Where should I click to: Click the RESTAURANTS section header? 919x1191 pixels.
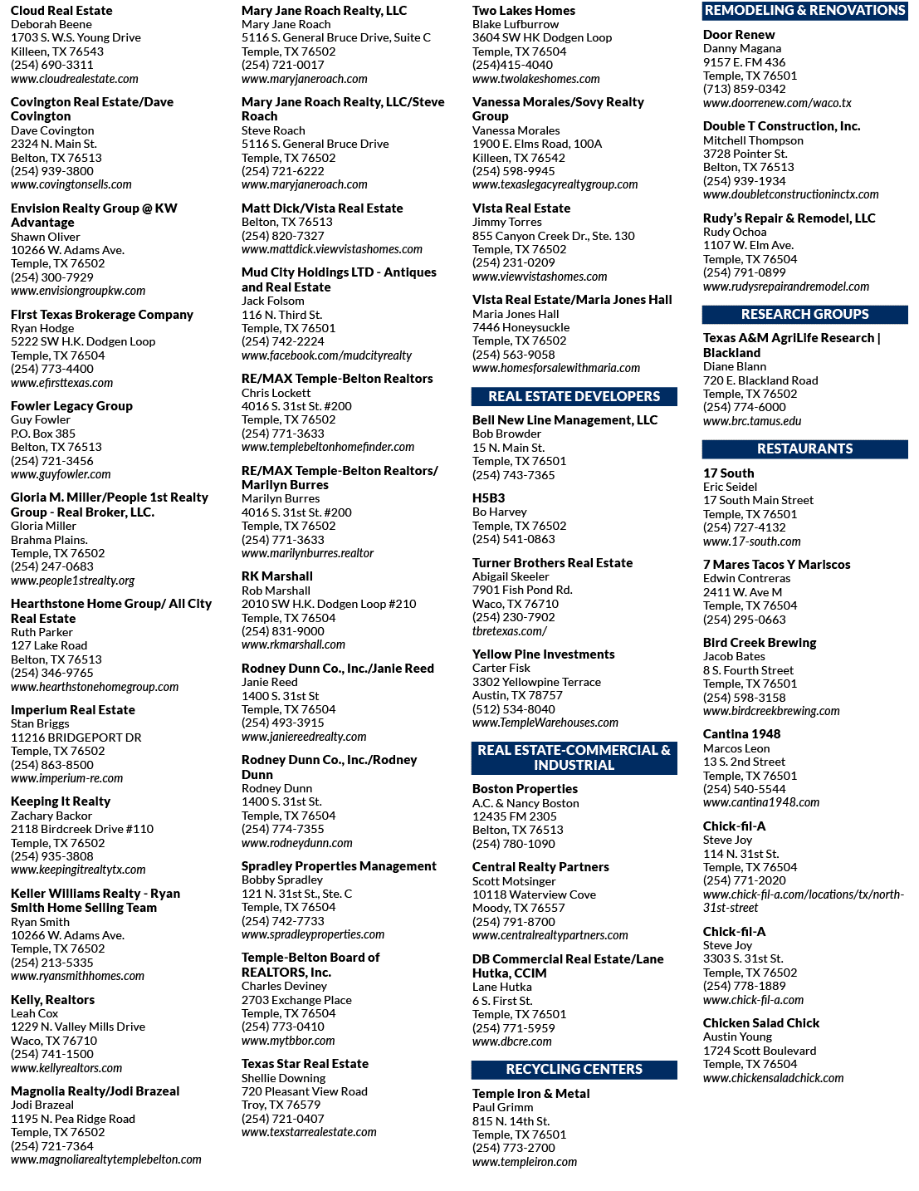(804, 448)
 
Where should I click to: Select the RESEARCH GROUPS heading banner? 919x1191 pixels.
(804, 314)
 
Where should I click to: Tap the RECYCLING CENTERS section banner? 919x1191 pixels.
(574, 1069)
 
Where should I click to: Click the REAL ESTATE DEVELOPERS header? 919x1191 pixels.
(574, 396)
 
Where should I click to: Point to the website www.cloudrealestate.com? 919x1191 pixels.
(75, 79)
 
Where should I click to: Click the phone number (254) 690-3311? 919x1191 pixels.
(52, 65)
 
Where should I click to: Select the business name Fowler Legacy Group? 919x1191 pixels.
(71, 406)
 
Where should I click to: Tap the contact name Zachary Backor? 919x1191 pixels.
(51, 816)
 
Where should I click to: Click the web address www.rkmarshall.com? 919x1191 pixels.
(294, 645)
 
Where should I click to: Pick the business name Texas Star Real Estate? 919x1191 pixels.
(305, 1063)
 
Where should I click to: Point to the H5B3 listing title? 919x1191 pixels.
(488, 497)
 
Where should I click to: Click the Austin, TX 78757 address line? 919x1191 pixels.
(517, 695)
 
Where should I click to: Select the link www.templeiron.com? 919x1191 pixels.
(525, 1161)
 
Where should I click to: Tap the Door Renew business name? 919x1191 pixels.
(739, 35)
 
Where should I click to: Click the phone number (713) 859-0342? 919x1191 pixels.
(745, 89)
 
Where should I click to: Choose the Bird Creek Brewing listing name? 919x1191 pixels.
(760, 643)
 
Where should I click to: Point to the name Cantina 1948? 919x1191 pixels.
(741, 734)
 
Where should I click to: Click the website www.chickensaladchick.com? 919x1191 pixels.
(774, 1078)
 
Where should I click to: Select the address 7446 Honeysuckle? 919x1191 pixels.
(521, 327)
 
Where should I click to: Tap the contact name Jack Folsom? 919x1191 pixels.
(273, 301)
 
